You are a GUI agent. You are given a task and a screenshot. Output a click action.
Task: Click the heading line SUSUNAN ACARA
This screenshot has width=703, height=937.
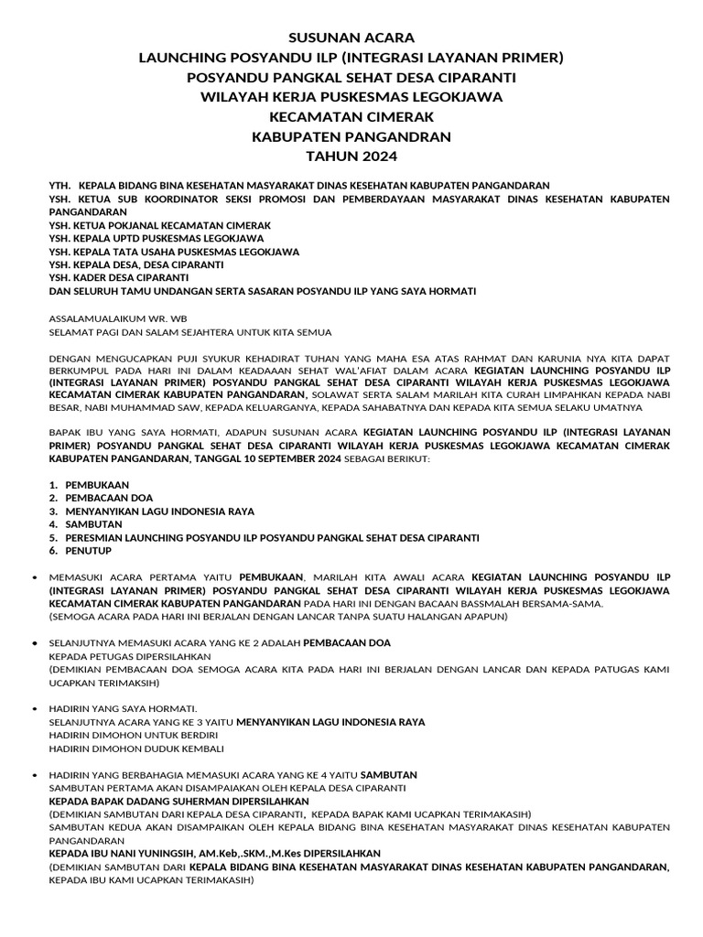[x=351, y=38]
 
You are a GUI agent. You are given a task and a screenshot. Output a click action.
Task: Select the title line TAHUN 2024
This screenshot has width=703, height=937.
[x=351, y=156]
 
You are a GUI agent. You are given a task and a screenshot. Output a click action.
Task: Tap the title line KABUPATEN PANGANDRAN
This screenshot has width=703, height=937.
[x=351, y=136]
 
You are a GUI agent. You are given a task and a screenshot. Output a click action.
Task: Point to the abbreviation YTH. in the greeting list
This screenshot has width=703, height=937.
[x=59, y=185]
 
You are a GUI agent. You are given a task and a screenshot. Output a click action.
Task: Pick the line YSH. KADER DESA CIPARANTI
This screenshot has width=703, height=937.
[x=118, y=277]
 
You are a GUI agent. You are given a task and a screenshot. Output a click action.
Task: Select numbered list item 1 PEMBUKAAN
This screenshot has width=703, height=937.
[x=97, y=485]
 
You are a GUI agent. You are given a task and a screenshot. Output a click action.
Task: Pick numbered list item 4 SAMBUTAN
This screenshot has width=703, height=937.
[x=91, y=524]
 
